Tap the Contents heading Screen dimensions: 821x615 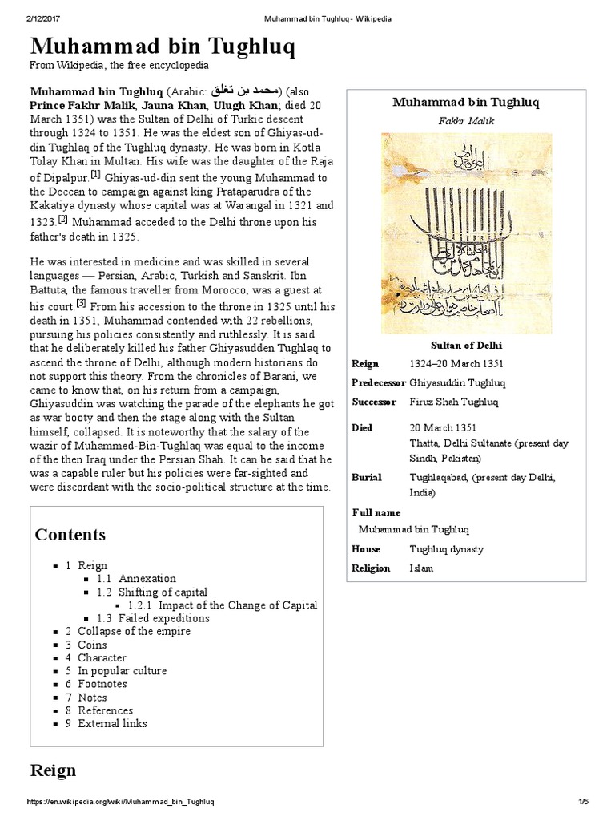70,535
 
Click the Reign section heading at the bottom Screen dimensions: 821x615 53,770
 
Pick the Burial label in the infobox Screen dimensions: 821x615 366,477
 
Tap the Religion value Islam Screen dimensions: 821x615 421,568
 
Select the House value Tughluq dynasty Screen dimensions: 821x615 446,549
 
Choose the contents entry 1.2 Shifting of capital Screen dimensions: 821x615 152,592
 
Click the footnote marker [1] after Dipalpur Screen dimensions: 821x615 95,174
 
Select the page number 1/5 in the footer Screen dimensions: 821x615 583,802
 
